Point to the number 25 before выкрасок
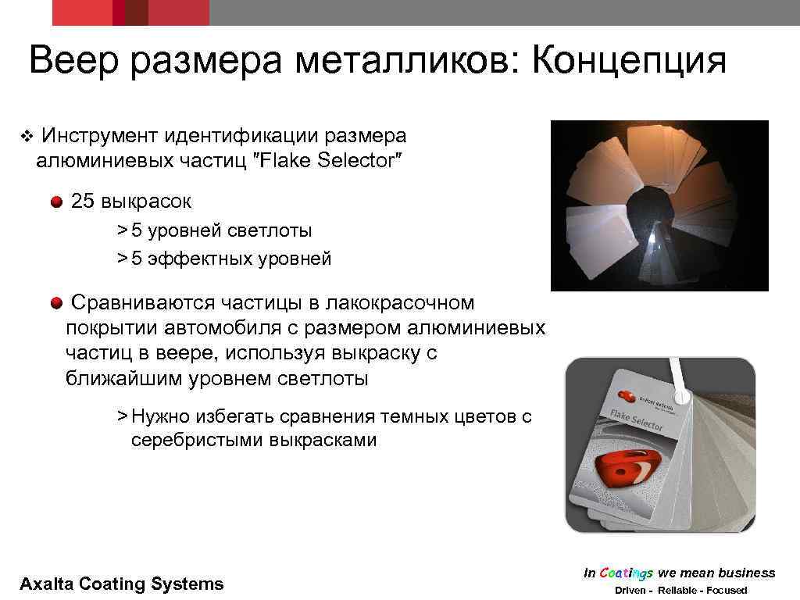coord(82,202)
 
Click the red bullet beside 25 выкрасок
coord(57,202)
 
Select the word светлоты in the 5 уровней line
coord(270,231)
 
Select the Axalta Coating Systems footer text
coord(121,584)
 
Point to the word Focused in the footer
coord(727,591)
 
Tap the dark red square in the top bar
coord(136,12)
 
